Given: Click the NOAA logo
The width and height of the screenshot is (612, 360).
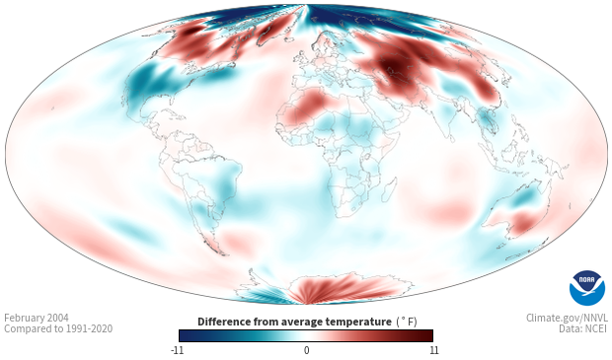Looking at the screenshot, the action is pos(586,287).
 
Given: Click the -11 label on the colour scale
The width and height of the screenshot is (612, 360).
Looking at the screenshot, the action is pos(177,350).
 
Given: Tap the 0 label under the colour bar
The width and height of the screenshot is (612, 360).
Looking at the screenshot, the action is pos(306,350).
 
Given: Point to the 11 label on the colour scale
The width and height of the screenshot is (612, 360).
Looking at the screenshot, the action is pos(433,350).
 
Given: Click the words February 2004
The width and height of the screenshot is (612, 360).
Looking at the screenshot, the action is pos(37,318).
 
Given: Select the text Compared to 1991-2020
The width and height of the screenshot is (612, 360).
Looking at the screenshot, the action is pos(58,328).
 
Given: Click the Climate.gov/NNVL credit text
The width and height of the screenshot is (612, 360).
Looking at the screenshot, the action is pos(567,318).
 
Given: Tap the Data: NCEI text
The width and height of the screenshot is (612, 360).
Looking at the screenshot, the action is pos(583,328).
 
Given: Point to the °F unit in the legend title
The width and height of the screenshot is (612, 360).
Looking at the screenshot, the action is pos(407,323).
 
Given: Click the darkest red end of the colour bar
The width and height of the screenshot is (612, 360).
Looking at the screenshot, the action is pos(429,335).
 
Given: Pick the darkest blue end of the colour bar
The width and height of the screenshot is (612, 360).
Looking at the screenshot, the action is pos(184,335).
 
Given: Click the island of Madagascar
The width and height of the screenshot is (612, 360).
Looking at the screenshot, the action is pos(388,189).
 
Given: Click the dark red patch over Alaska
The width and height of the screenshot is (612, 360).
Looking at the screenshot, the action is pos(191,31).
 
